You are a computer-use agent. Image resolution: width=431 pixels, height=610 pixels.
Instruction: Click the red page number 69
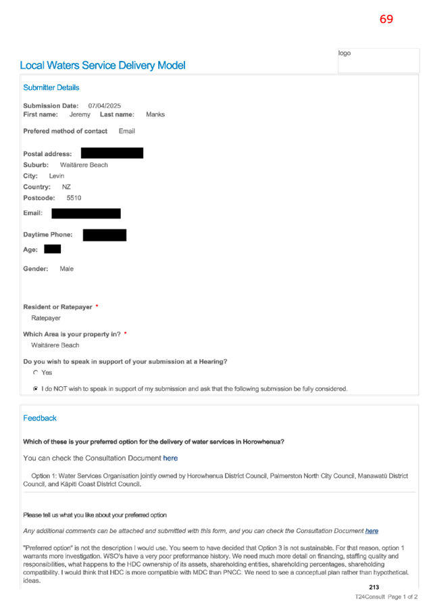(x=386, y=19)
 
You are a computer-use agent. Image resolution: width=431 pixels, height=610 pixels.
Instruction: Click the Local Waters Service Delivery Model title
(x=103, y=66)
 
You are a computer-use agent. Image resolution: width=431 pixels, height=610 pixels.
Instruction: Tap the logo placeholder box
(x=378, y=60)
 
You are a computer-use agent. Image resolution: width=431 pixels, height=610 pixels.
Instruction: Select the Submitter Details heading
(x=51, y=87)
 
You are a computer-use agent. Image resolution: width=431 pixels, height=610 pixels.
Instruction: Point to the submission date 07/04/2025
(x=104, y=105)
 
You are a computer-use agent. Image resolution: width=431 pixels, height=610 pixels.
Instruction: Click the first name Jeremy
(x=80, y=114)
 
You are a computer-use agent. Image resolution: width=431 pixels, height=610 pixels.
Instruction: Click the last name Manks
(x=155, y=114)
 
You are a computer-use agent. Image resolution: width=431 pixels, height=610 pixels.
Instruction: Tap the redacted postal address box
(x=112, y=153)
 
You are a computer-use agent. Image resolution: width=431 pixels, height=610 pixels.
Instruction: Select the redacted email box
(x=86, y=213)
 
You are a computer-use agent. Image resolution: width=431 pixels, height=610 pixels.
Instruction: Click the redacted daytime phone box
(x=105, y=235)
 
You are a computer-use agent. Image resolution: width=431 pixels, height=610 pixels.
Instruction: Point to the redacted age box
(x=53, y=249)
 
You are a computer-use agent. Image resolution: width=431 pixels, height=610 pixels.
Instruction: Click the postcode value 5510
(x=74, y=198)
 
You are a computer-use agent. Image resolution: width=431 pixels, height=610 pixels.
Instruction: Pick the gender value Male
(x=66, y=269)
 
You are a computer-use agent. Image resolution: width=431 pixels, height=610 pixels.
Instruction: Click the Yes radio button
(x=36, y=373)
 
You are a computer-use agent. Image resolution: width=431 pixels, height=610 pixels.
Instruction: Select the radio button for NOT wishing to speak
(x=36, y=388)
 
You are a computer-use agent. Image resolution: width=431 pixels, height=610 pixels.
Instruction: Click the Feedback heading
(x=40, y=418)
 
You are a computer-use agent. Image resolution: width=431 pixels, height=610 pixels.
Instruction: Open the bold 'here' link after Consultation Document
(x=170, y=459)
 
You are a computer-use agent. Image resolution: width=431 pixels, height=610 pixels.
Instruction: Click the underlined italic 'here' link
(x=372, y=531)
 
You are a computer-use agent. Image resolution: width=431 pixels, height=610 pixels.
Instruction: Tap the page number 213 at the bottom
(x=374, y=587)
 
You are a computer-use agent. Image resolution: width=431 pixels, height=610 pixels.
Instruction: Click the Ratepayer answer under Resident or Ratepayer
(x=46, y=319)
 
